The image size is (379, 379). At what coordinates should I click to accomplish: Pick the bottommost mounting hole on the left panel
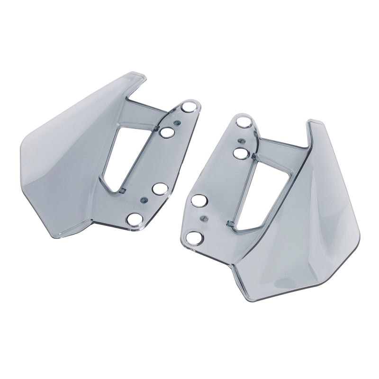coord(135,219)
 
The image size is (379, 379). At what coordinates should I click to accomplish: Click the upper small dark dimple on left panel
coord(176,122)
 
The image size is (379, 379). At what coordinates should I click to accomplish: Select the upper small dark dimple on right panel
coord(243,140)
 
